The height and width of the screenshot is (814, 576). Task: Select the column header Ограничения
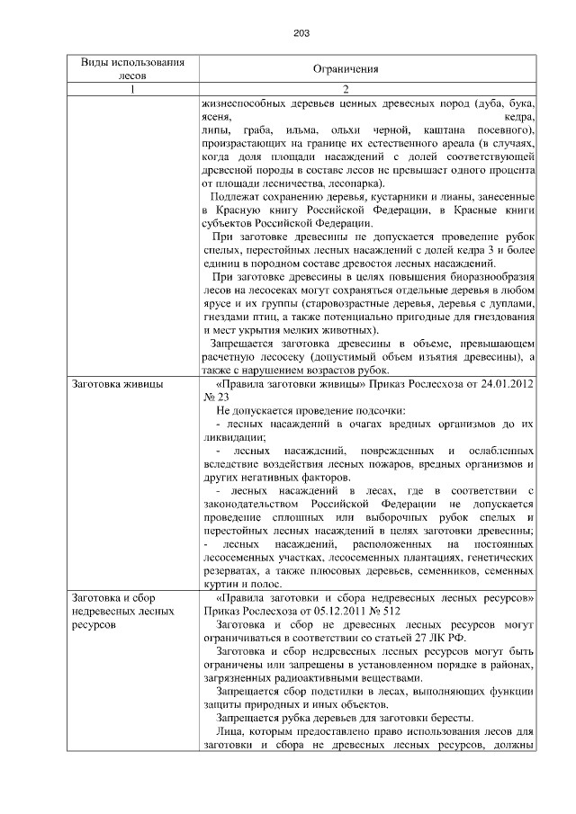(345, 69)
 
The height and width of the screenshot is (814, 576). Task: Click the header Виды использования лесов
(133, 69)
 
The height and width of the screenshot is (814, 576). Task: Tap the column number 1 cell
(133, 90)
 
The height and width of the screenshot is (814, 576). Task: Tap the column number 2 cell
(345, 90)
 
